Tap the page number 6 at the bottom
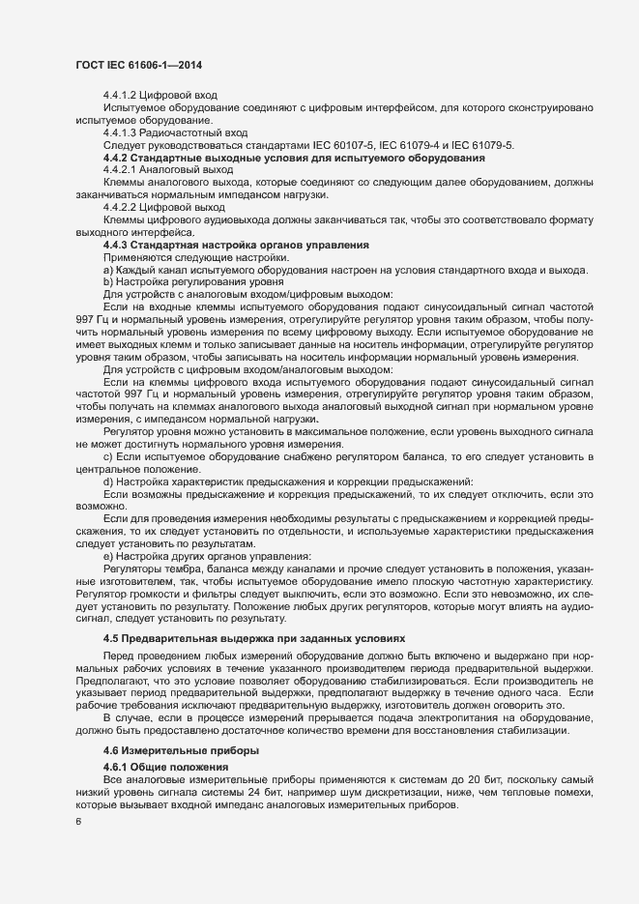(x=78, y=823)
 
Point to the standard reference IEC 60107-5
(x=347, y=144)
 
